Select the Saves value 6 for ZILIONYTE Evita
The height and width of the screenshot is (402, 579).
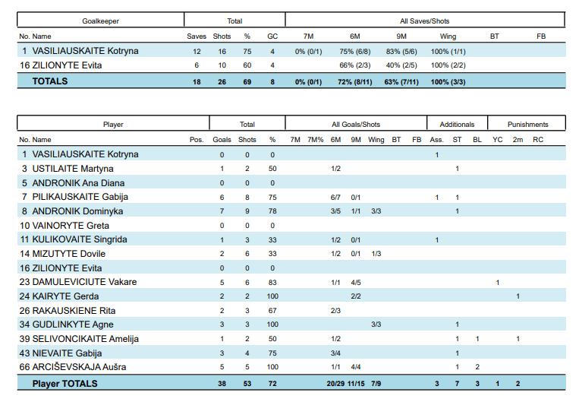(x=197, y=65)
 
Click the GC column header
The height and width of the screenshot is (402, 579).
(x=272, y=36)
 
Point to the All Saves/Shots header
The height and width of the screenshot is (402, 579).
(x=425, y=21)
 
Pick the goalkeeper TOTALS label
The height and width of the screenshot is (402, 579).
(x=49, y=81)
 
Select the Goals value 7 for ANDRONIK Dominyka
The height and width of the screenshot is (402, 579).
(x=222, y=211)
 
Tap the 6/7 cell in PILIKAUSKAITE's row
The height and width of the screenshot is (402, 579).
(x=335, y=197)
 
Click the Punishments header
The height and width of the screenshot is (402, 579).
(x=527, y=124)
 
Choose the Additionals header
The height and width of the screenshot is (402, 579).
(x=458, y=124)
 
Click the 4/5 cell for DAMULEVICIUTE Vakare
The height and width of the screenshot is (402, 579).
(x=355, y=282)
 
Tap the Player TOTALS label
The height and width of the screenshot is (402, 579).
(x=65, y=384)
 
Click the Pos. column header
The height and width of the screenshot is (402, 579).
(x=197, y=140)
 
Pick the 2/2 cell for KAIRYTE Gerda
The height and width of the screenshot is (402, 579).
(x=355, y=296)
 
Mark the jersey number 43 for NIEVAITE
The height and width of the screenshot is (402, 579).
(x=25, y=353)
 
